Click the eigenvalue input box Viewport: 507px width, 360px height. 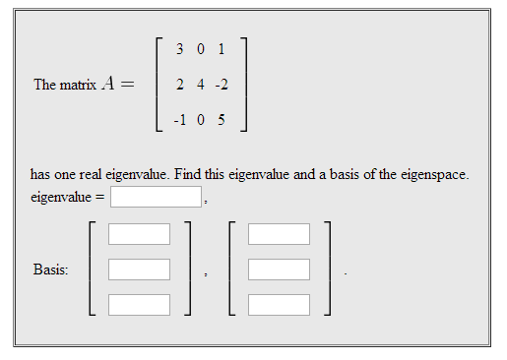156,198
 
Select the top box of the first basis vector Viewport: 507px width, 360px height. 139,234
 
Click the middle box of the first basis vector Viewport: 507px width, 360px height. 139,269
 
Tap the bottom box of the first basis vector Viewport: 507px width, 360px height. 139,304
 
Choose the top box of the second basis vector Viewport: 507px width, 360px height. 279,234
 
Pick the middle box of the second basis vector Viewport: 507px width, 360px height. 279,269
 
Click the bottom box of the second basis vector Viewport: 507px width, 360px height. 279,304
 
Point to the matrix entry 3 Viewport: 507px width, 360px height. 177,48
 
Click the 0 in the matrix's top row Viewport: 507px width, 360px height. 200,48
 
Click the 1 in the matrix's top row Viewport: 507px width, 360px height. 222,48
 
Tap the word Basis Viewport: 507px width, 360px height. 50,269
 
